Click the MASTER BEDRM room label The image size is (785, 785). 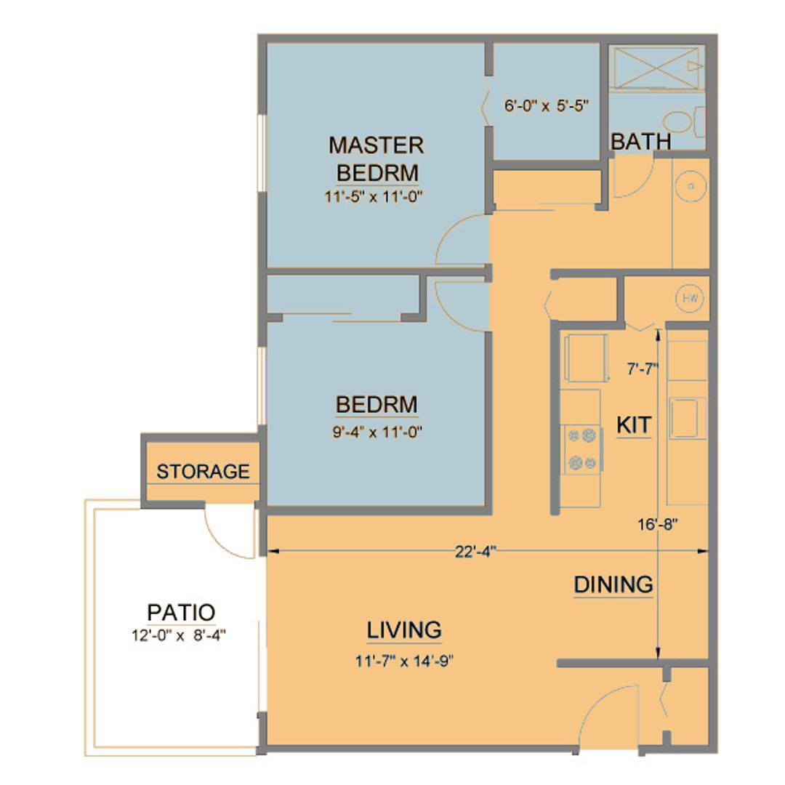(x=377, y=158)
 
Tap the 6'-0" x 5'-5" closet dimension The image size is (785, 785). (x=546, y=105)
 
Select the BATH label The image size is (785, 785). (x=640, y=142)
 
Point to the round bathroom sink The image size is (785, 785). (x=691, y=186)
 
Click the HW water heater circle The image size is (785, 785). (x=690, y=299)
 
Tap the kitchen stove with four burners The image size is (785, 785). (x=582, y=450)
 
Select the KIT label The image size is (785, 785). (x=634, y=425)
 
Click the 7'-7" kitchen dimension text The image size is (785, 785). (x=642, y=369)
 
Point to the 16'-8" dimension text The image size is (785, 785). (x=658, y=524)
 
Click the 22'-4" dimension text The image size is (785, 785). (x=475, y=551)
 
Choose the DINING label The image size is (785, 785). (x=613, y=584)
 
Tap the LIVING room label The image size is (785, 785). (x=404, y=629)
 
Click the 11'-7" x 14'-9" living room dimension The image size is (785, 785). (x=404, y=661)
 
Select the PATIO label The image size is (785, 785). (x=181, y=612)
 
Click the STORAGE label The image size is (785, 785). (x=204, y=472)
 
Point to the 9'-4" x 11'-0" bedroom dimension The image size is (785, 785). (x=377, y=432)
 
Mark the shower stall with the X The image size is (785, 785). (x=656, y=68)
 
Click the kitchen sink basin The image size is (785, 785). (x=687, y=418)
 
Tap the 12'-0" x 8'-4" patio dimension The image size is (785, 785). (x=179, y=635)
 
